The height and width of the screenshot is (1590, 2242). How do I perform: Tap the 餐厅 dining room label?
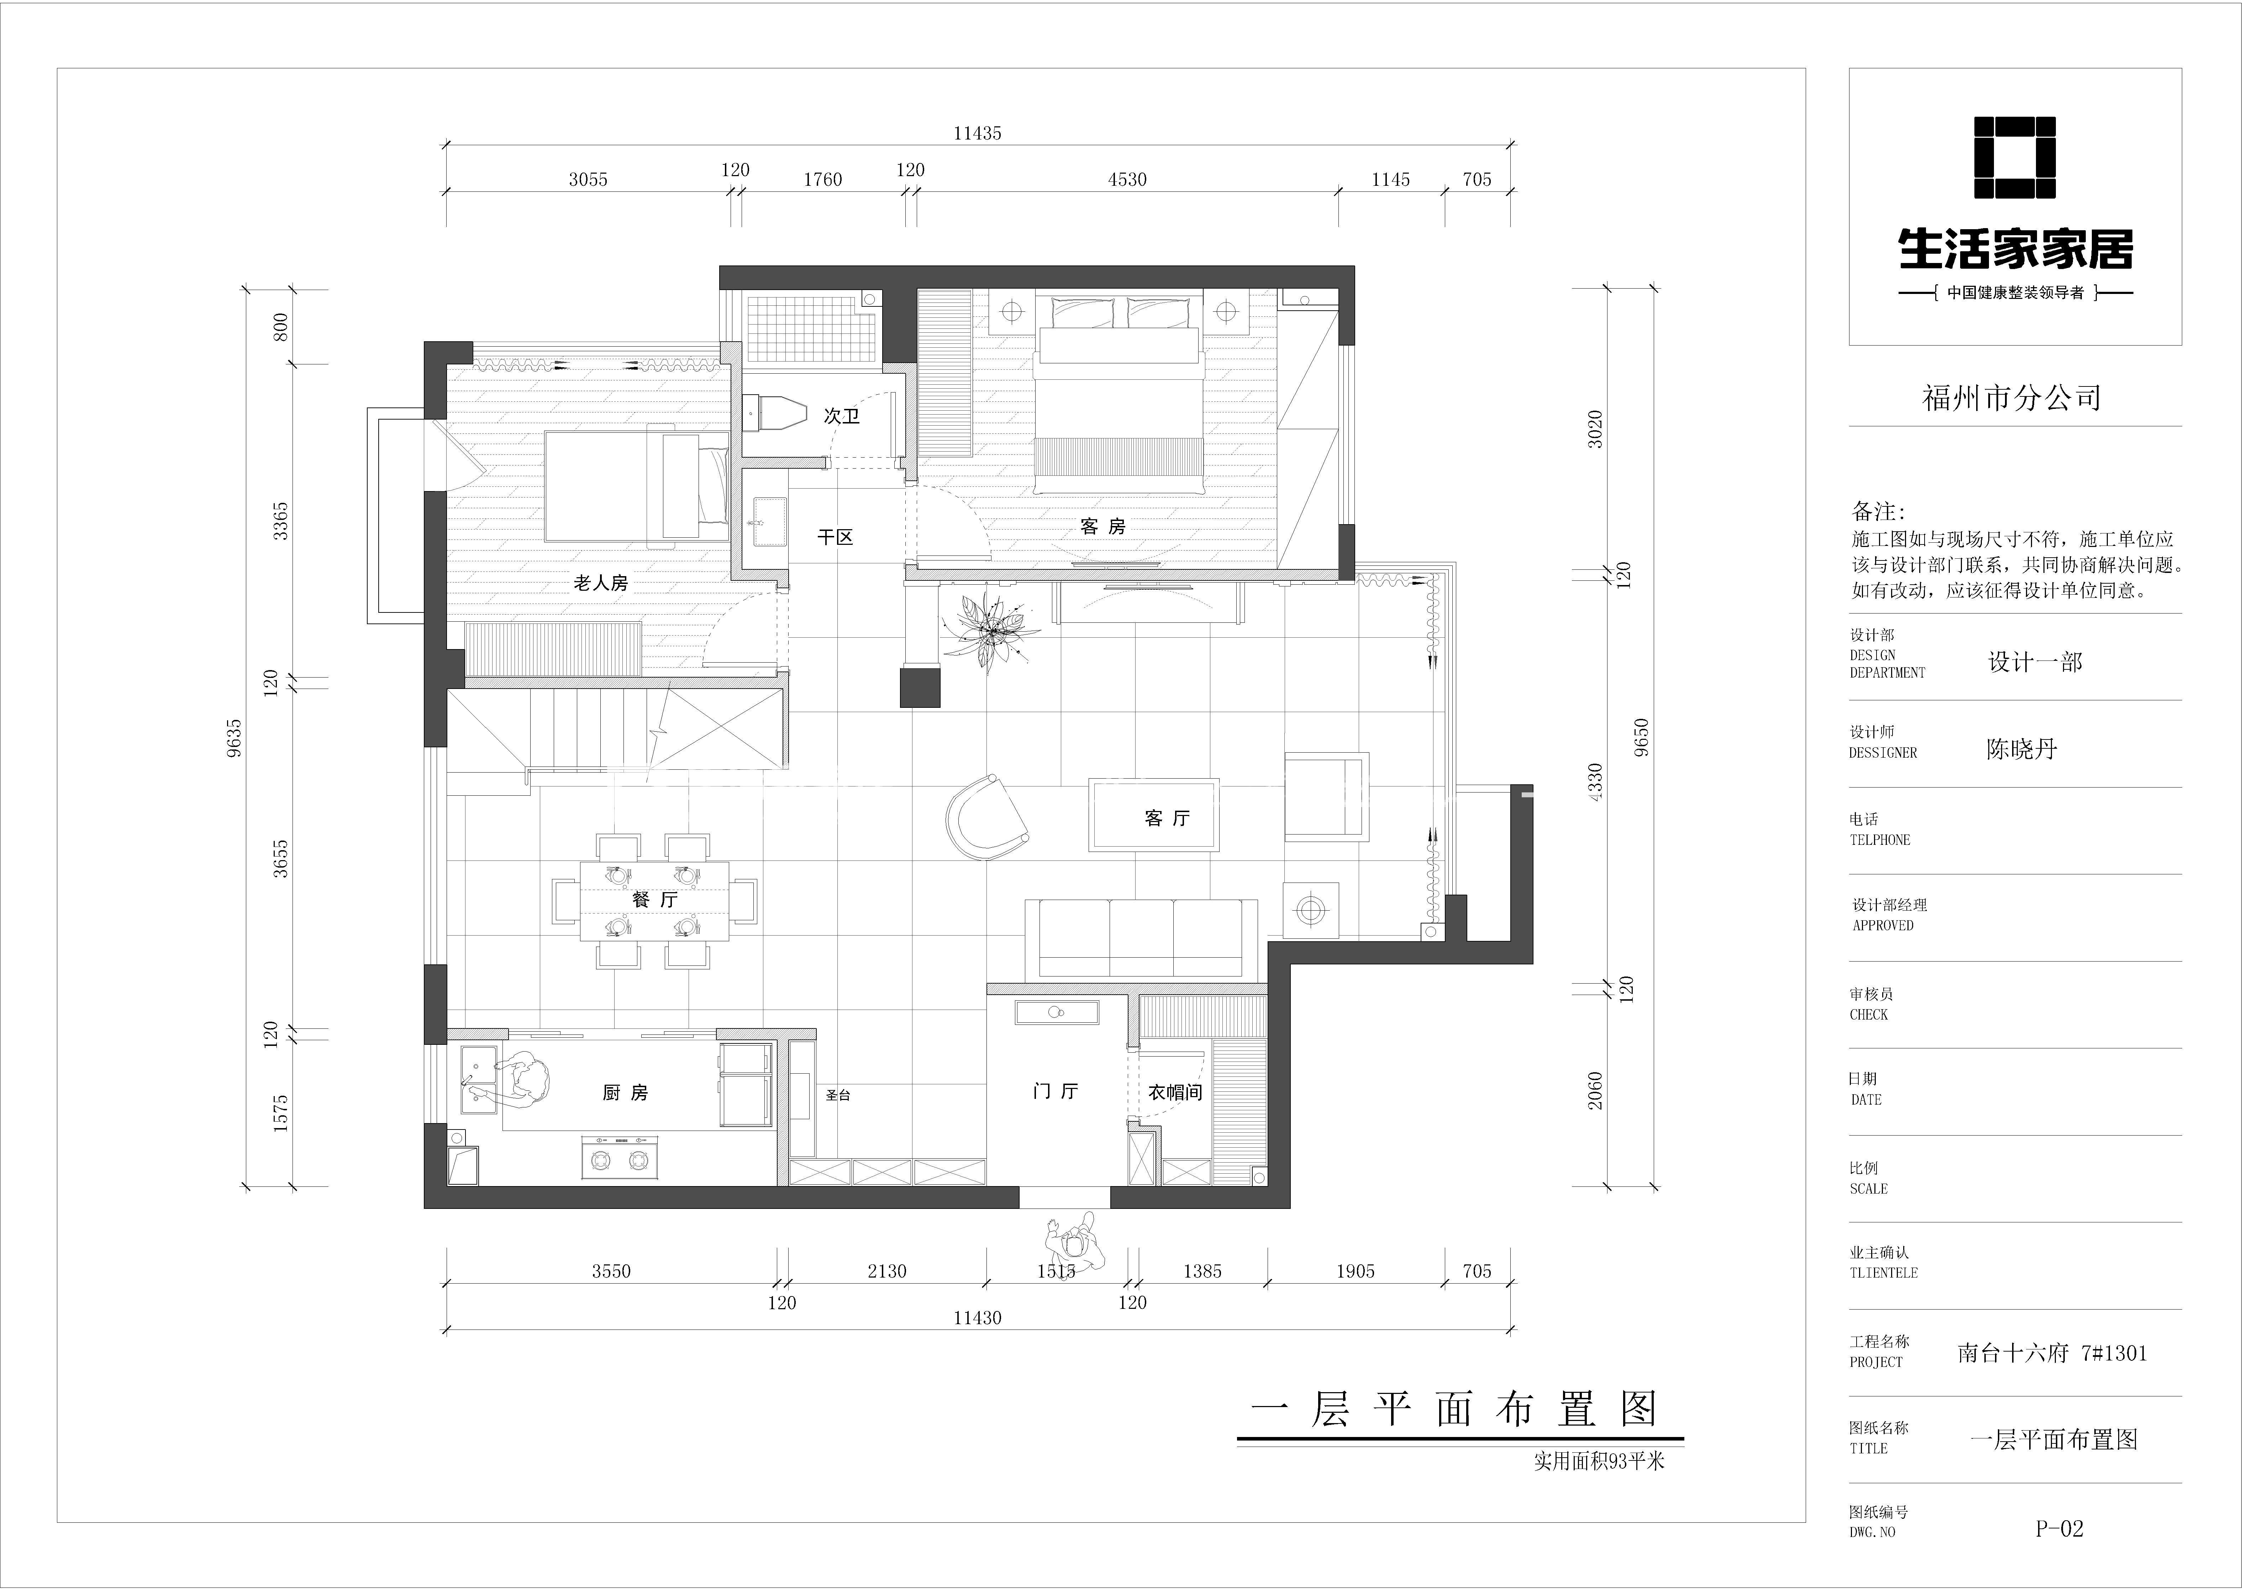coord(655,899)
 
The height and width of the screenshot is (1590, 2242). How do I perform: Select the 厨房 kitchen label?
coord(625,1093)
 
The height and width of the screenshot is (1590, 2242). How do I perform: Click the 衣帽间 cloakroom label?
coord(1175,1092)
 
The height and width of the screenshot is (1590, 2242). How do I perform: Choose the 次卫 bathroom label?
coord(841,416)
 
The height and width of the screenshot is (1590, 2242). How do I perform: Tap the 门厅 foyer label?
coord(1056,1091)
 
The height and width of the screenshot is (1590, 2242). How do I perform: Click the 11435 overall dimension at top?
coord(977,133)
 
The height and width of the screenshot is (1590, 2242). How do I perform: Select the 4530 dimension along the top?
coord(1127,179)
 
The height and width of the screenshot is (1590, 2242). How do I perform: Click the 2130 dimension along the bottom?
coord(887,1271)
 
